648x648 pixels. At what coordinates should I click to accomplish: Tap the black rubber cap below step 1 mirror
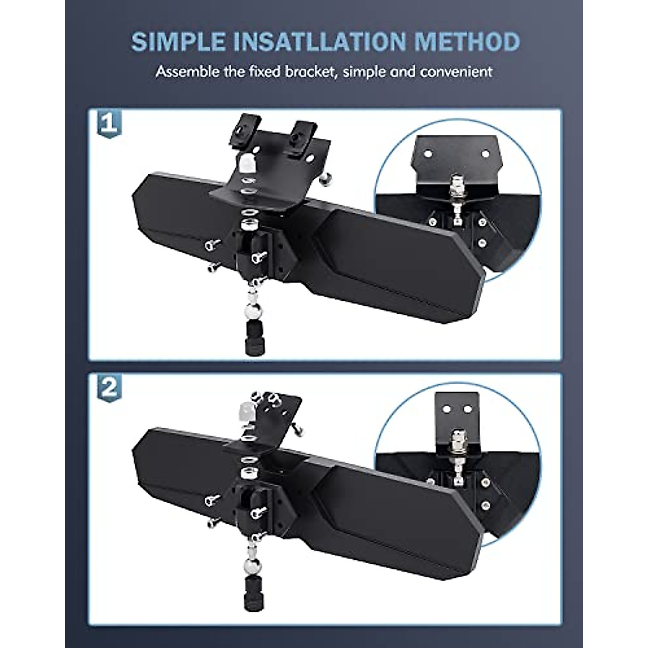[x=255, y=337]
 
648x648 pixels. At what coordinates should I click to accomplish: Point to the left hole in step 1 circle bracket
[x=427, y=154]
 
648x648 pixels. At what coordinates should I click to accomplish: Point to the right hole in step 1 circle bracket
[x=485, y=154]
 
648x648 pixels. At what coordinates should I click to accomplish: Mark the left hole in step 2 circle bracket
[x=447, y=409]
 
